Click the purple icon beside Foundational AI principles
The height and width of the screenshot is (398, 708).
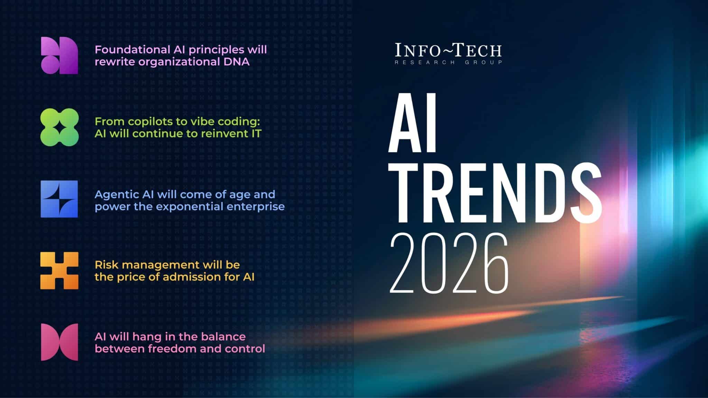pos(59,55)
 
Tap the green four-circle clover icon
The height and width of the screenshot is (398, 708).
pos(59,127)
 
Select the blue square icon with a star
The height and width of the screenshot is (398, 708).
pos(59,199)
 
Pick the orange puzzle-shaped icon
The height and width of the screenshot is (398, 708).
pos(59,271)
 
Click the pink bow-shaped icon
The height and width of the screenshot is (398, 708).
pos(59,342)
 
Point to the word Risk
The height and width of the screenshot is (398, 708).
pos(106,265)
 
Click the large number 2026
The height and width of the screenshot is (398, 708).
pos(449,263)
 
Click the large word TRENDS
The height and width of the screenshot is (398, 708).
pos(495,193)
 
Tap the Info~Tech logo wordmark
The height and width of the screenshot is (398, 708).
pos(448,50)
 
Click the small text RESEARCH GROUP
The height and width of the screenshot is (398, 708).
pos(448,63)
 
